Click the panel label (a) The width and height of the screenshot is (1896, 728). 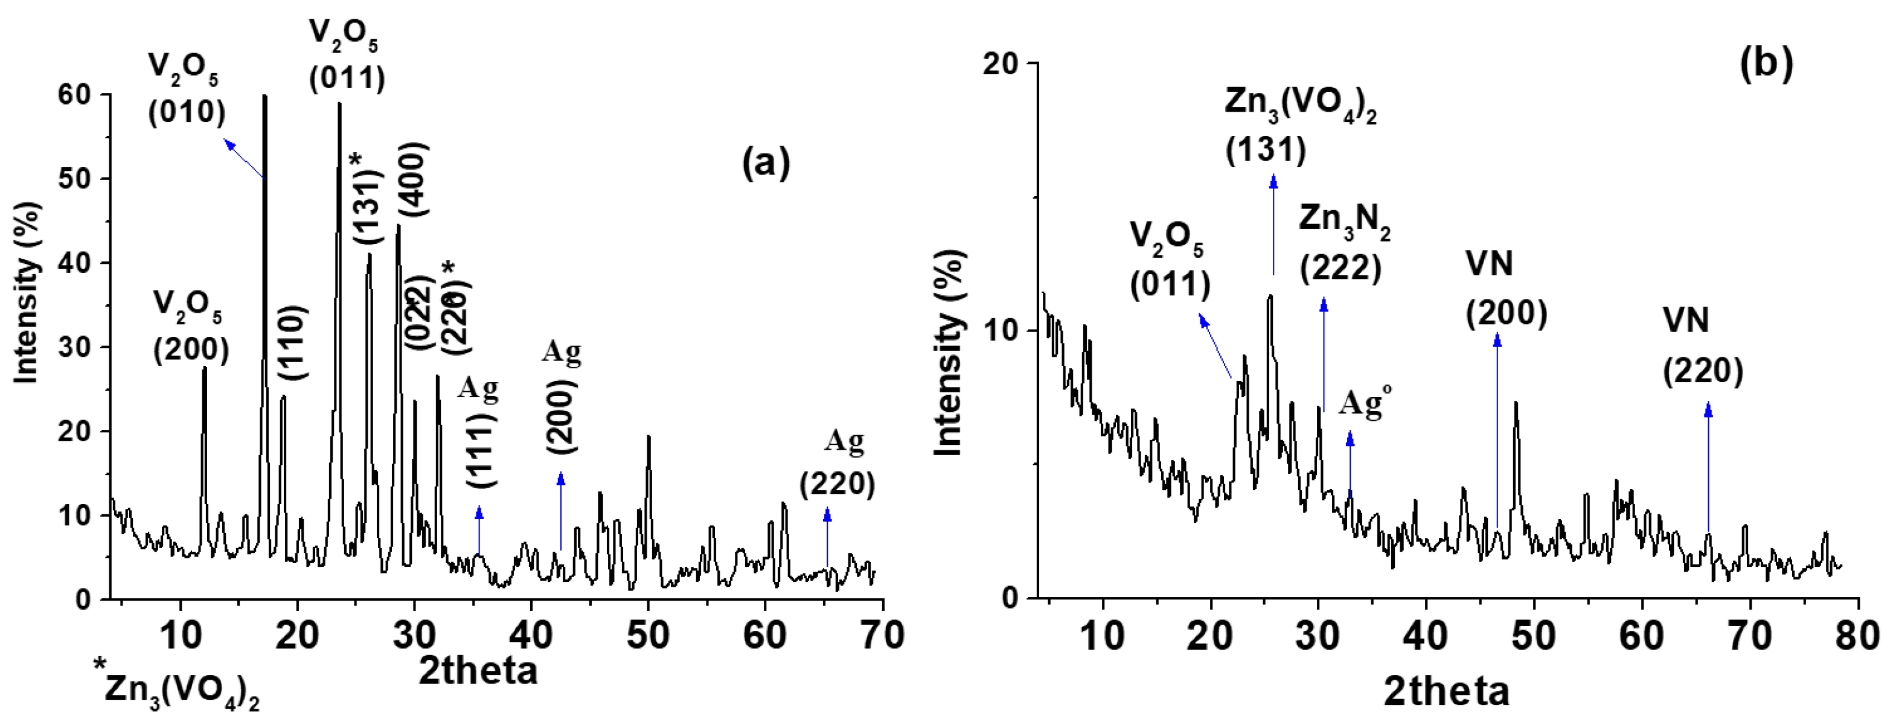pyautogui.click(x=766, y=161)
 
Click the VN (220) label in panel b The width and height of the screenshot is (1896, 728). pyautogui.click(x=1702, y=346)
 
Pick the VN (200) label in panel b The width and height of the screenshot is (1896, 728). pyautogui.click(x=1505, y=289)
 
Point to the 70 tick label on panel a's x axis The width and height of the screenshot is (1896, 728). pyautogui.click(x=881, y=634)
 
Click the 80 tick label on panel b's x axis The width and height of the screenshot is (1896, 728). pyautogui.click(x=1856, y=634)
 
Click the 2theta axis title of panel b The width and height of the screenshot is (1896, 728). pyautogui.click(x=1446, y=691)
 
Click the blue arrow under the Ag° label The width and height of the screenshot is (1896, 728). pyautogui.click(x=1350, y=464)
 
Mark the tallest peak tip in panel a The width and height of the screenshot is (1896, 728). pyautogui.click(x=264, y=97)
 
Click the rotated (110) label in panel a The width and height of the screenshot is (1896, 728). pyautogui.click(x=293, y=342)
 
